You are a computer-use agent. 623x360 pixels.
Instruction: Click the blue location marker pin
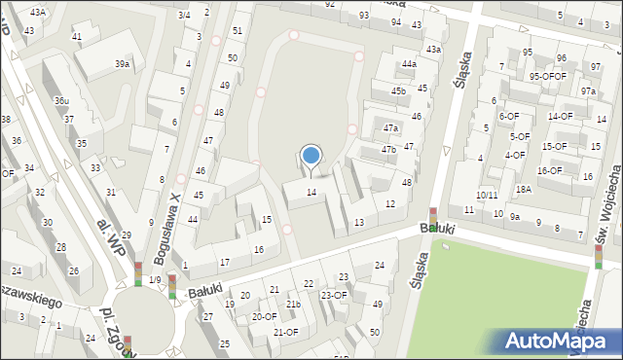pos(311,156)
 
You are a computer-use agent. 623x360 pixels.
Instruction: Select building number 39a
pos(122,63)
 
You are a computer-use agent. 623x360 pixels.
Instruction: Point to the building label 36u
pos(61,100)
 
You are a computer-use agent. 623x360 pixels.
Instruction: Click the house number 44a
pos(409,64)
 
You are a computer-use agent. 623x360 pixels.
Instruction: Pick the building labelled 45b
pos(398,90)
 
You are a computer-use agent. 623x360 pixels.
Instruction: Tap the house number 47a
pos(390,127)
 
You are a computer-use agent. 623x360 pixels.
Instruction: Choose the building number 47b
pos(388,149)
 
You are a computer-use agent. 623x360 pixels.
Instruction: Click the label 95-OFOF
pos(547,75)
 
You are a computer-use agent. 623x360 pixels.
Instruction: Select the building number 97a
pos(588,90)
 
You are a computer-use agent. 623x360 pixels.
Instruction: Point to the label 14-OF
pos(560,116)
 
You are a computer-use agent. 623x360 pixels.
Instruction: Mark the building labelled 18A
pos(523,189)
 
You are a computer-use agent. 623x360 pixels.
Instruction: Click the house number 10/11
pos(487,195)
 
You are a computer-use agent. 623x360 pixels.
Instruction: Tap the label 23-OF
pos(334,294)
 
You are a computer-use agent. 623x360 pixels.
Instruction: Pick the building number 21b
pos(293,305)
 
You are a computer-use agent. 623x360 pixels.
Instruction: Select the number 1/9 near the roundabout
pos(155,280)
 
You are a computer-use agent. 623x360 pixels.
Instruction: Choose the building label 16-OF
pos(549,170)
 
